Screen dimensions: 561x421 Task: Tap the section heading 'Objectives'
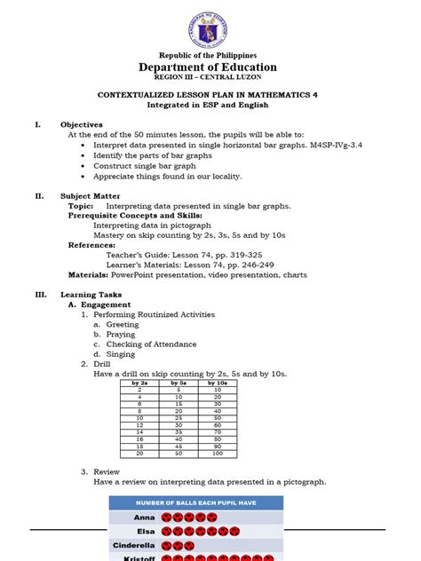point(81,124)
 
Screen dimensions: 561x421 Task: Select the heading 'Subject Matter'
point(90,196)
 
